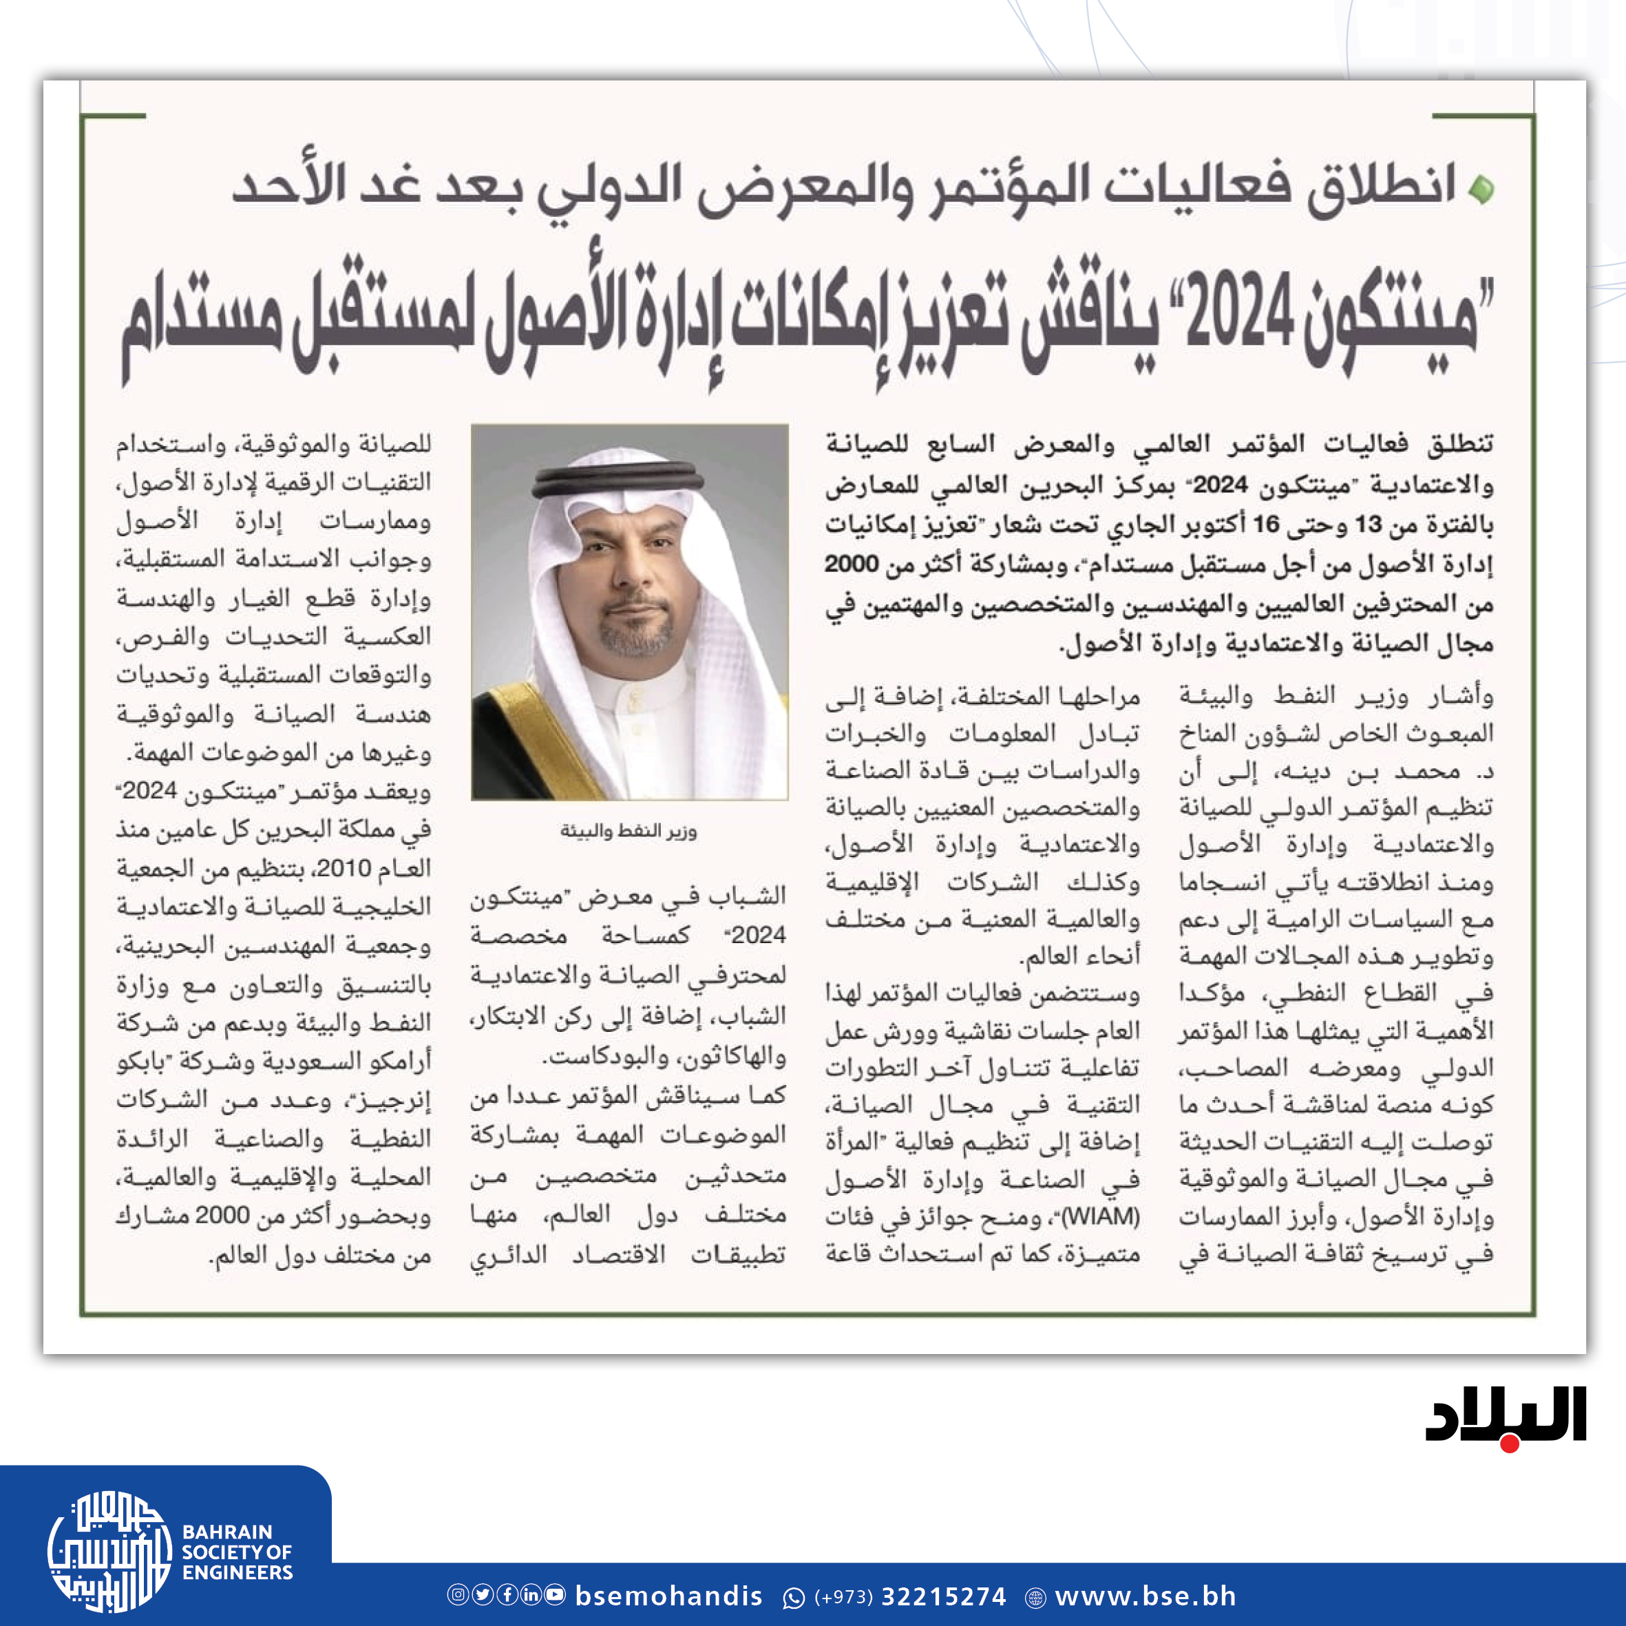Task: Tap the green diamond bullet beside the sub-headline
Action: (1481, 189)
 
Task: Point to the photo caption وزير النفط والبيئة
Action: (629, 832)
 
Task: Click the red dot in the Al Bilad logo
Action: (1510, 1444)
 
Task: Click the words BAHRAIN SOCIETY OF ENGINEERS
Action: (237, 1552)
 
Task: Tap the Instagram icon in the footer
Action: (457, 1595)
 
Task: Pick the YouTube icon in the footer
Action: (556, 1595)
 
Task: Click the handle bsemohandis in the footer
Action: (669, 1596)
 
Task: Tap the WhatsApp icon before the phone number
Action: (794, 1597)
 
